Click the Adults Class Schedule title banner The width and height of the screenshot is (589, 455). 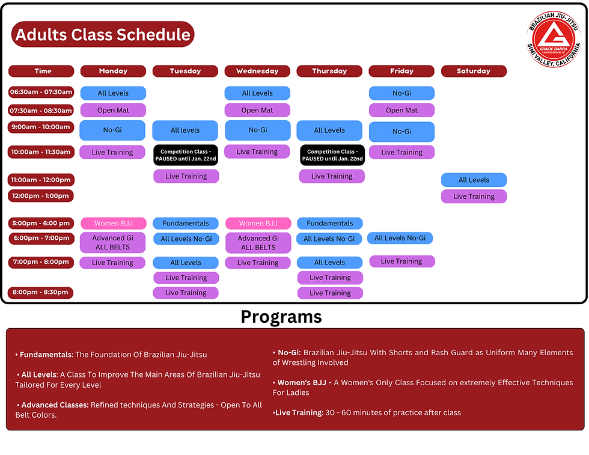coord(103,35)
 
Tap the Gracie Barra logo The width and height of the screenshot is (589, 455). coord(554,40)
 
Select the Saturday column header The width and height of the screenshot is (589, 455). coord(474,71)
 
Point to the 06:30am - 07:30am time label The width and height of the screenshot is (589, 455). coord(41,93)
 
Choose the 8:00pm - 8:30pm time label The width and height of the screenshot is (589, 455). coord(41,293)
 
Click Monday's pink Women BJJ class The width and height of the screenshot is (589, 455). coord(113,224)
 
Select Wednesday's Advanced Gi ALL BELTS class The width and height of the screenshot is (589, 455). coord(258,243)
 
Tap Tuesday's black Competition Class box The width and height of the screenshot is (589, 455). coord(186,155)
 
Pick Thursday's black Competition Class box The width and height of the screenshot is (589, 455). coord(331,155)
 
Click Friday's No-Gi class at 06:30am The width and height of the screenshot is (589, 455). coord(401,93)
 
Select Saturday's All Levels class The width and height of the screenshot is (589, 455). coord(474,180)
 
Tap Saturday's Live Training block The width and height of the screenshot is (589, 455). coord(474,197)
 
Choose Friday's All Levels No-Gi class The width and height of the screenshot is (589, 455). coord(400,238)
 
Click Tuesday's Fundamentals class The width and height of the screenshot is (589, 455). coord(186,223)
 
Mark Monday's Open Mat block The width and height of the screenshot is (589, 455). coord(113,111)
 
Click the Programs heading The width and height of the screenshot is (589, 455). coord(281,317)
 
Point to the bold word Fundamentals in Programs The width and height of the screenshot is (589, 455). coord(46,355)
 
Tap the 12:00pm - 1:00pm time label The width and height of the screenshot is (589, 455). coord(41,196)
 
